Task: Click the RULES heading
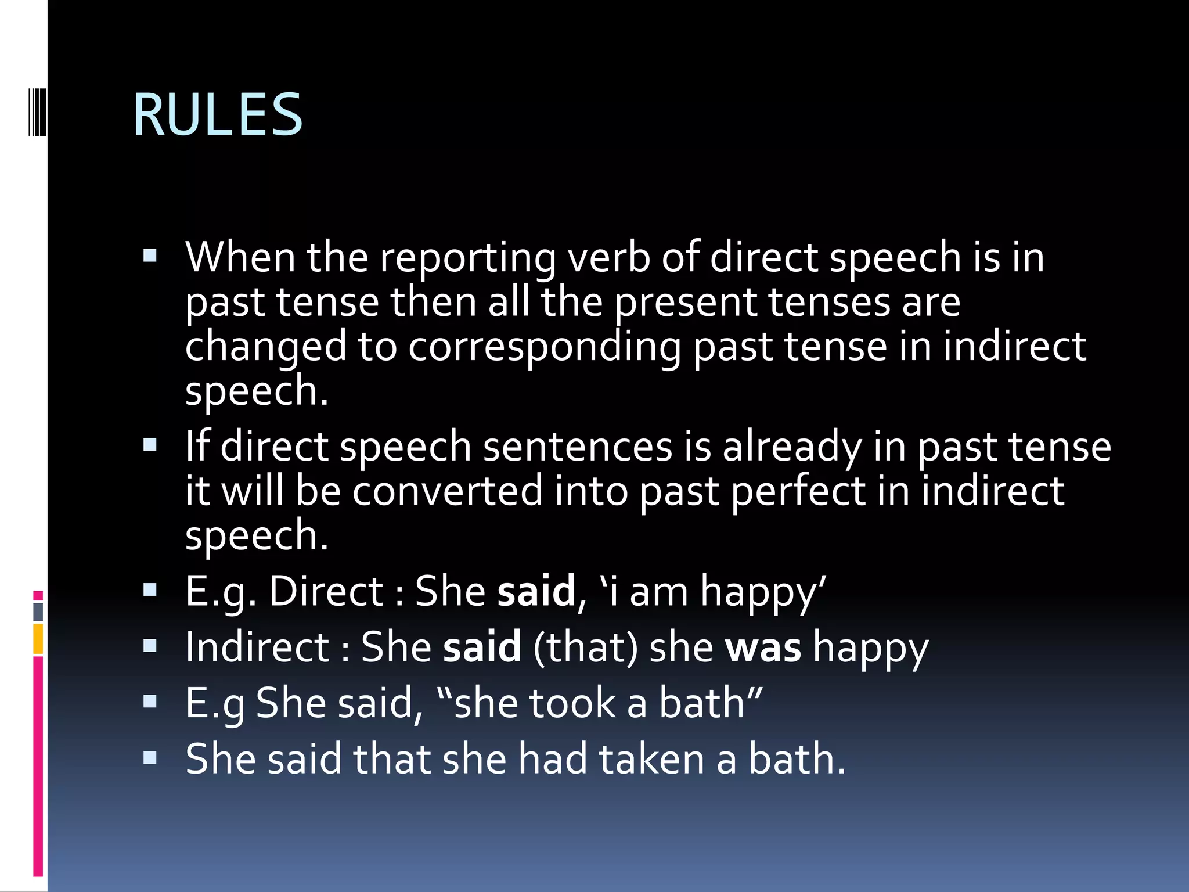click(218, 114)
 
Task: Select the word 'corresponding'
click(545, 347)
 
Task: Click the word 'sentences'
click(577, 447)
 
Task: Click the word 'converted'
click(447, 491)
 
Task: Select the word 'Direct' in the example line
click(326, 592)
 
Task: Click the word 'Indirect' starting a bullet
click(257, 647)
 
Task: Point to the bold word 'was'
click(763, 647)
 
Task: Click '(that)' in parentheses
click(585, 648)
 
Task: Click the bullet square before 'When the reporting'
click(150, 256)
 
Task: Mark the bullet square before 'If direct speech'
click(150, 445)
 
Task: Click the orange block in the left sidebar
click(38, 639)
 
